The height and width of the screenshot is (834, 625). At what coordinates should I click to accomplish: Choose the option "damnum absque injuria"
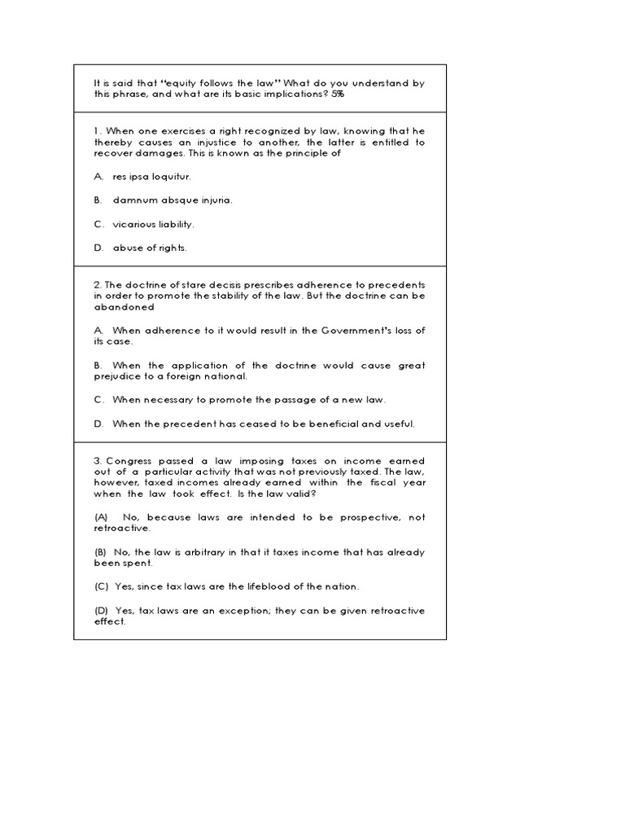[x=172, y=200]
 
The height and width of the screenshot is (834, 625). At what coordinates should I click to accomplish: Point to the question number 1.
[x=97, y=130]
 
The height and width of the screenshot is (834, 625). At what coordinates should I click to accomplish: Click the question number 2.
[x=97, y=284]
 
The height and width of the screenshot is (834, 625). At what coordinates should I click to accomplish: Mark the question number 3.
[x=97, y=460]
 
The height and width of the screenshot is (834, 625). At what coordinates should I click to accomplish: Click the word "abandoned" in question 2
[x=124, y=307]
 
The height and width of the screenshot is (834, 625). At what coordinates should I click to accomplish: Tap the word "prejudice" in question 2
[x=118, y=377]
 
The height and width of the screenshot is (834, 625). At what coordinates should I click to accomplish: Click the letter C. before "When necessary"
[x=98, y=400]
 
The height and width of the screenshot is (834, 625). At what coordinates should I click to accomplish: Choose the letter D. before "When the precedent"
[x=98, y=424]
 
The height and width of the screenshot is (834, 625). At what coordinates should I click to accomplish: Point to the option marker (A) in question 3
[x=101, y=517]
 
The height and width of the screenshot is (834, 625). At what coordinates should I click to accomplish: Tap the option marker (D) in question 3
[x=101, y=611]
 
